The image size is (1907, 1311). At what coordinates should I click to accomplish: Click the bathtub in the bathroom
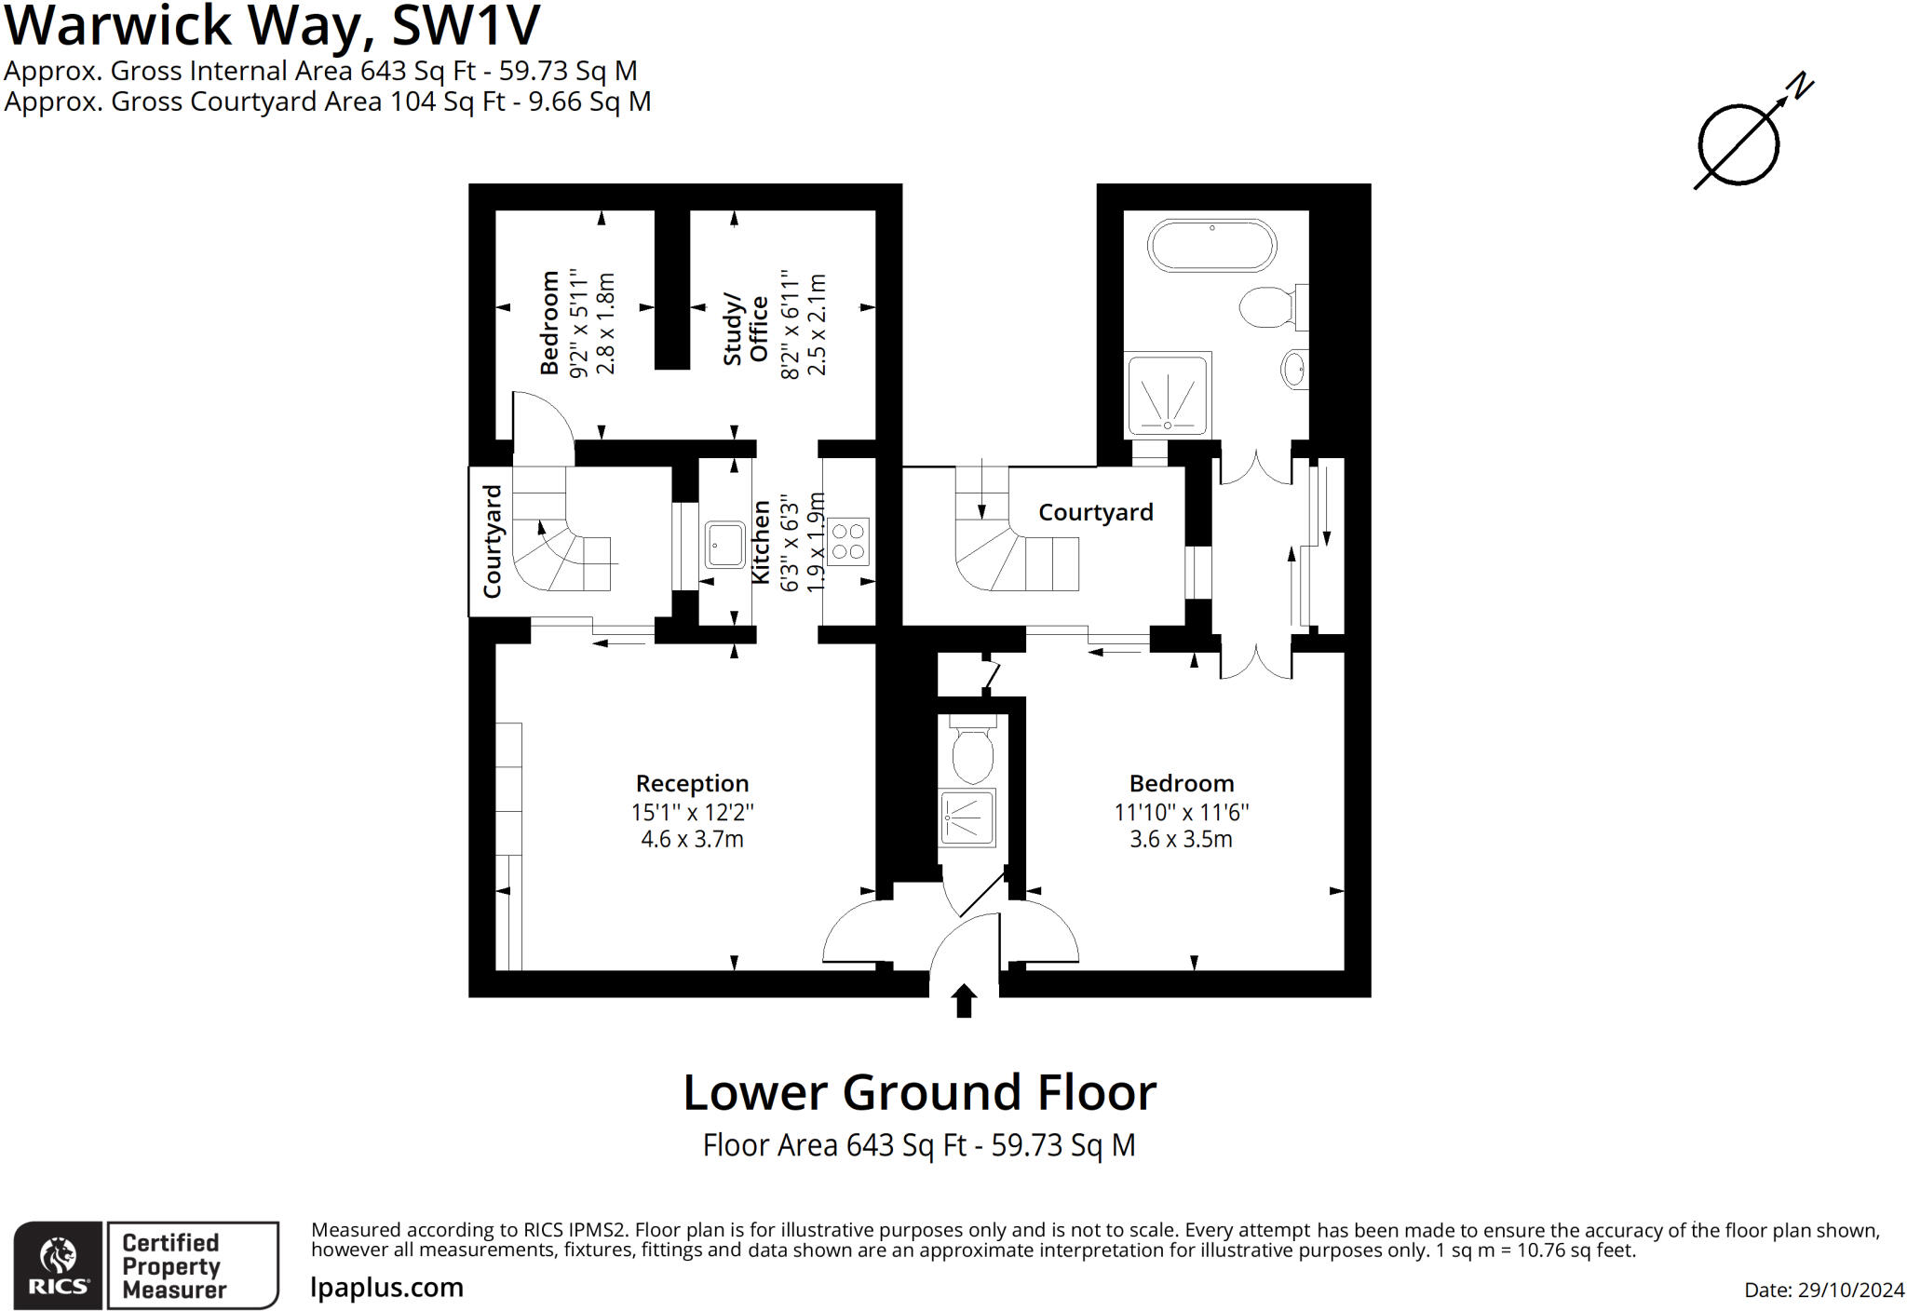coord(1211,246)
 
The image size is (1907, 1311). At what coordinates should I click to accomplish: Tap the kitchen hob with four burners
coord(847,541)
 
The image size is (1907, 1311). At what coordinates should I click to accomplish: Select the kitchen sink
coord(724,545)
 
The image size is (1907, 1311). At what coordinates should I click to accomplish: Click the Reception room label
coord(692,783)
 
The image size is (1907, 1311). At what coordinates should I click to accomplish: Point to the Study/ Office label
coord(745,330)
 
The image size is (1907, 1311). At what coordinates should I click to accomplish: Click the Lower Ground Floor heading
coord(920,1092)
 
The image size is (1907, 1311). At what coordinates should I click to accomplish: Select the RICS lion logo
coord(58,1265)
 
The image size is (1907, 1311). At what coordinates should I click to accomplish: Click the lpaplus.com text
coord(386,1288)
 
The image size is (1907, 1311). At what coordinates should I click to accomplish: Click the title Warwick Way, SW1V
coord(272,25)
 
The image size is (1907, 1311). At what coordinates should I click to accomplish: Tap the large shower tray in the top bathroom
coord(1168,395)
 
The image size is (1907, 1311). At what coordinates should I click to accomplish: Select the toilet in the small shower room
coord(973,750)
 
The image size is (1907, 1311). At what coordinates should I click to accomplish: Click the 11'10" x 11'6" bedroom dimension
coord(1182,812)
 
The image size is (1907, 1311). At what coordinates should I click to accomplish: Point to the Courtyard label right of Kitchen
coord(1095,512)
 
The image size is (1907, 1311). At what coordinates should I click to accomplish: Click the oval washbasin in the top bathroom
coord(1294,370)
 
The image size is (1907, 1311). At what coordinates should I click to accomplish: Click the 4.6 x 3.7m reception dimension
coord(692,839)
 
